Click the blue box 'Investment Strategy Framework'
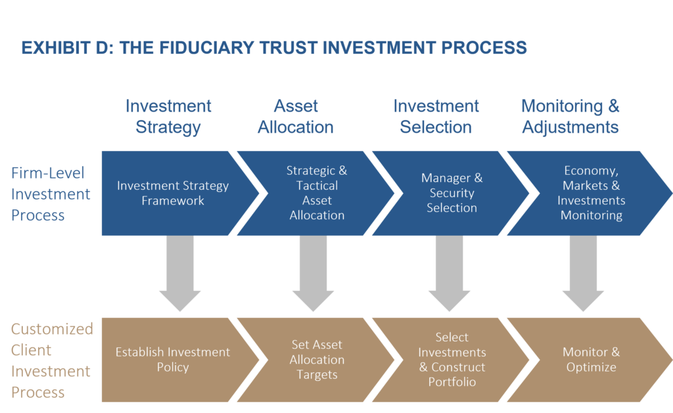tap(173, 193)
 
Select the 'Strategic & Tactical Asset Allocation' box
tap(317, 193)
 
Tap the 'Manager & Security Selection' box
tap(452, 193)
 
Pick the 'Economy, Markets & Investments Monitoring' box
tap(591, 193)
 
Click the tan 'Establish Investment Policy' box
tap(173, 359)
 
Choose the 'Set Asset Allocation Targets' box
tap(317, 359)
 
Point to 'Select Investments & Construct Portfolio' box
tap(452, 359)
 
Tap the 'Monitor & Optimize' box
tap(591, 359)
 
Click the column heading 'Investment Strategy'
tap(168, 116)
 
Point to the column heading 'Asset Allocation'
tap(296, 116)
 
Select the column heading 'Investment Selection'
tap(436, 116)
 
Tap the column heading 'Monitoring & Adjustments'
tap(570, 116)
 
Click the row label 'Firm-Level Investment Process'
tap(51, 194)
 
